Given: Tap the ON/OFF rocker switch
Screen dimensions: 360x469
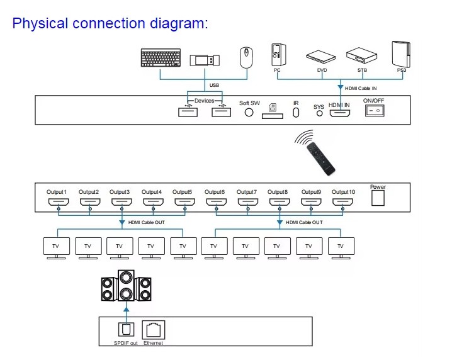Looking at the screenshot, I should [375, 111].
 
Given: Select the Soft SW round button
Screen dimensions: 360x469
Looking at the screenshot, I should [249, 112].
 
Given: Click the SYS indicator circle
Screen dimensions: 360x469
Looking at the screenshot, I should [319, 114].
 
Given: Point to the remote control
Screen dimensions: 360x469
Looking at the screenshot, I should [319, 157].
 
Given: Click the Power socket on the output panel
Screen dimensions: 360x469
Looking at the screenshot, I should [378, 198].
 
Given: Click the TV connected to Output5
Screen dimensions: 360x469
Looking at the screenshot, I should [183, 247].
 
